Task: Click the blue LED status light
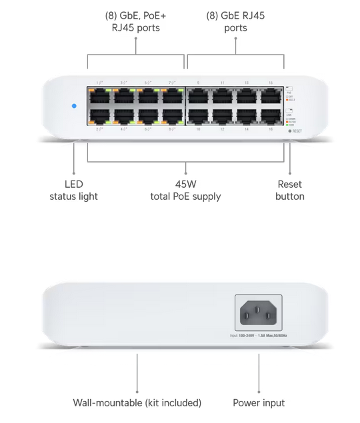73,105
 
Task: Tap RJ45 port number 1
99,96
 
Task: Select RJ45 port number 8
173,116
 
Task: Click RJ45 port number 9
198,96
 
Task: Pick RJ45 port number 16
271,116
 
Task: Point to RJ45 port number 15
271,96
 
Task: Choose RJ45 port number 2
99,116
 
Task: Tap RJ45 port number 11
222,96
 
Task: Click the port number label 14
247,129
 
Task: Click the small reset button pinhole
290,131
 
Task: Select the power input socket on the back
258,312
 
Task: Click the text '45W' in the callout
185,185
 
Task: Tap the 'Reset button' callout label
289,191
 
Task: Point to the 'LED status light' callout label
73,191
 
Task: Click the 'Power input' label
259,403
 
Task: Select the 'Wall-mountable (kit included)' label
137,403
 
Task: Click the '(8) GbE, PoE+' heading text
136,15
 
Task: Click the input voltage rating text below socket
258,336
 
